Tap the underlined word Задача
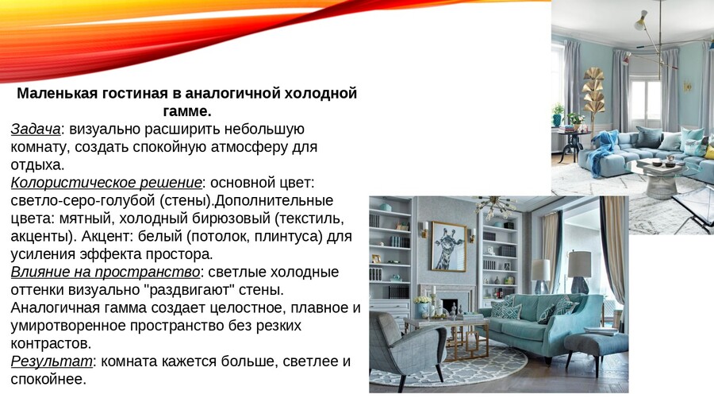click(x=36, y=129)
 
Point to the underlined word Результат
click(x=52, y=361)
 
